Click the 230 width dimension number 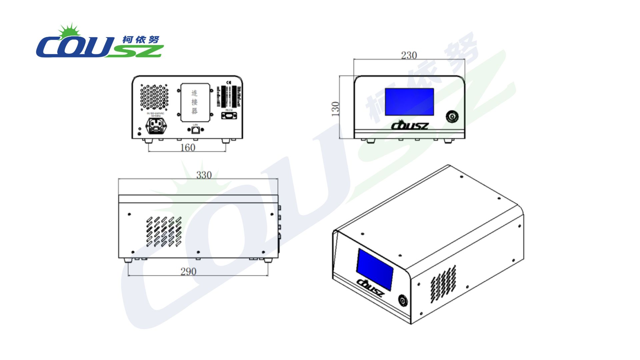point(409,55)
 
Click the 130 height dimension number point(335,109)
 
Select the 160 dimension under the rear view point(188,148)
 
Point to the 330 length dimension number point(204,175)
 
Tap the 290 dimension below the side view point(188,272)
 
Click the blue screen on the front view point(409,102)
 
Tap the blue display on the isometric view point(375,269)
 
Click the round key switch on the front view point(452,117)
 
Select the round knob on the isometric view point(403,301)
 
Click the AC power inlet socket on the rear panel point(156,126)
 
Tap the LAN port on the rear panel point(196,130)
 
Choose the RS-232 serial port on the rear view point(229,116)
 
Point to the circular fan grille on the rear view point(154,97)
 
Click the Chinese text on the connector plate point(195,102)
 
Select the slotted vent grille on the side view point(164,232)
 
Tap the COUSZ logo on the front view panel point(409,125)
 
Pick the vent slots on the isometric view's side point(443,284)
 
